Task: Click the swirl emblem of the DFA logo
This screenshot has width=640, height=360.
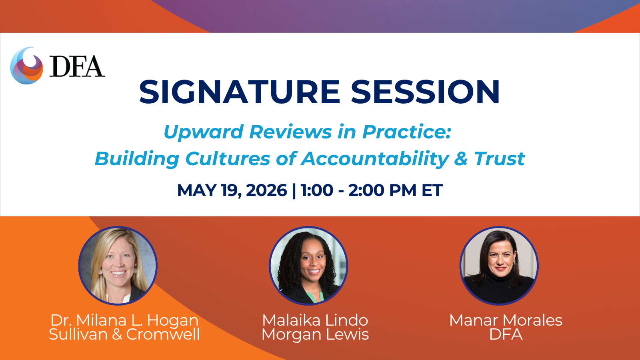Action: (26, 66)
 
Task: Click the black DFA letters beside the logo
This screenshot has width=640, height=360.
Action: (77, 66)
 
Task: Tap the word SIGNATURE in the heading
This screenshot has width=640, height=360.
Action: (240, 92)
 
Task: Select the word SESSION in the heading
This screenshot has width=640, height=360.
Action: (425, 92)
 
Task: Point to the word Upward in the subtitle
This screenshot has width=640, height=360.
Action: (203, 132)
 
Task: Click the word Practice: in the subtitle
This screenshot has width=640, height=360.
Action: (406, 132)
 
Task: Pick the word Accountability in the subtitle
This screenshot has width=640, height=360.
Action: (375, 158)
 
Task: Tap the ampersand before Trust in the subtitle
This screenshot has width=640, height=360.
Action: (461, 159)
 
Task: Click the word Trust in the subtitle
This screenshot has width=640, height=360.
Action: (500, 158)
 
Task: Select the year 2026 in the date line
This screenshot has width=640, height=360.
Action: (266, 190)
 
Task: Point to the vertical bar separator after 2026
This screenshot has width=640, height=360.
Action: (294, 190)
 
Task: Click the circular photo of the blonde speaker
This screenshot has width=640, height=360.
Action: (118, 266)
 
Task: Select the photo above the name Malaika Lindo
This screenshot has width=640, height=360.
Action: (308, 266)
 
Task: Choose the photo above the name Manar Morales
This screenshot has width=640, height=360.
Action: (499, 266)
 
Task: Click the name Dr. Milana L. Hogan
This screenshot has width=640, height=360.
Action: (124, 320)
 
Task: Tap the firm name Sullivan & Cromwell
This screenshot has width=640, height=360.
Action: (124, 334)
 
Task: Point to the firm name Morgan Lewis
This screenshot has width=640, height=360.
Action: (315, 335)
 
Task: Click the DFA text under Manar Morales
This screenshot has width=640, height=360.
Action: (506, 334)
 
